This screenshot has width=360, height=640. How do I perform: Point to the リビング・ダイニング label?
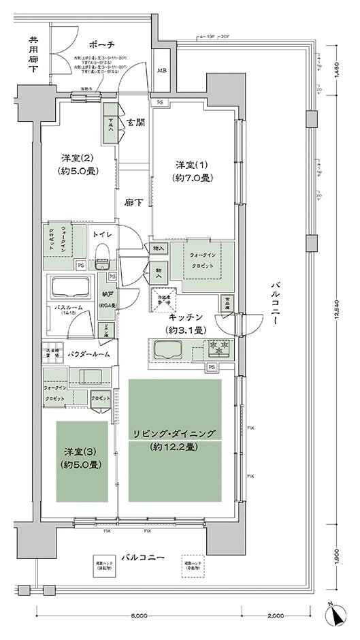(174, 434)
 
